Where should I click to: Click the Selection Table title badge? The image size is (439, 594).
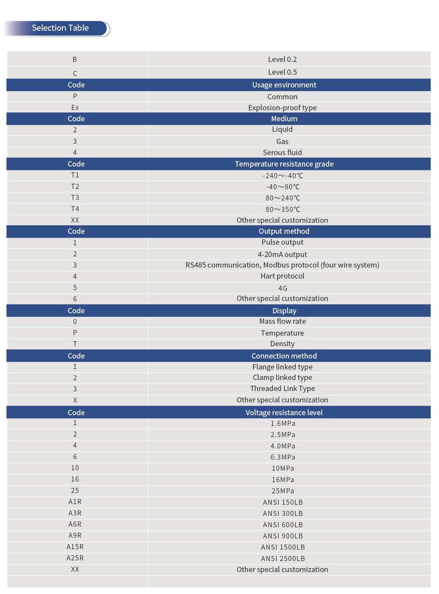pyautogui.click(x=60, y=28)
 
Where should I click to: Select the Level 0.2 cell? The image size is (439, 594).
pyautogui.click(x=282, y=59)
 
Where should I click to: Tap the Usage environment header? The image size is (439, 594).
pyautogui.click(x=284, y=85)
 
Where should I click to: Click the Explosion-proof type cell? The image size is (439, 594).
pyautogui.click(x=282, y=108)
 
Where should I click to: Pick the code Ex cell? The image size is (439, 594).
pyautogui.click(x=75, y=108)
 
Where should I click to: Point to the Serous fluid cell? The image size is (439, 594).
pyautogui.click(x=282, y=152)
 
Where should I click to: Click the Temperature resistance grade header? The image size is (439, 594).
pyautogui.click(x=284, y=164)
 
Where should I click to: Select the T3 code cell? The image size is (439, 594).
pyautogui.click(x=75, y=198)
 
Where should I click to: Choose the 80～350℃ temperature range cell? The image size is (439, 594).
pyautogui.click(x=282, y=209)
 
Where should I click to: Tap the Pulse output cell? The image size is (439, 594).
pyautogui.click(x=282, y=242)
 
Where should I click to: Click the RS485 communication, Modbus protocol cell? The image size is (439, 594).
pyautogui.click(x=282, y=265)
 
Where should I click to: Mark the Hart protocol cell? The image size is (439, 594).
pyautogui.click(x=282, y=276)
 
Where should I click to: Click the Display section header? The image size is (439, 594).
pyautogui.click(x=284, y=311)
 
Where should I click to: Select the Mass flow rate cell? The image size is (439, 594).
pyautogui.click(x=282, y=321)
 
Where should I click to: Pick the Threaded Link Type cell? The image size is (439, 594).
pyautogui.click(x=282, y=388)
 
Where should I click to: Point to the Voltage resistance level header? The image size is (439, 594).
pyautogui.click(x=284, y=413)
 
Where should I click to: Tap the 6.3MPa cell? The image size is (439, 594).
pyautogui.click(x=282, y=457)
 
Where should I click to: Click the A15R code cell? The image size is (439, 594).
pyautogui.click(x=75, y=547)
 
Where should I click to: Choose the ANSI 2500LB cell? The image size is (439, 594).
pyautogui.click(x=282, y=558)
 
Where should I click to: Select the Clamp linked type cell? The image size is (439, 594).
pyautogui.click(x=282, y=377)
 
